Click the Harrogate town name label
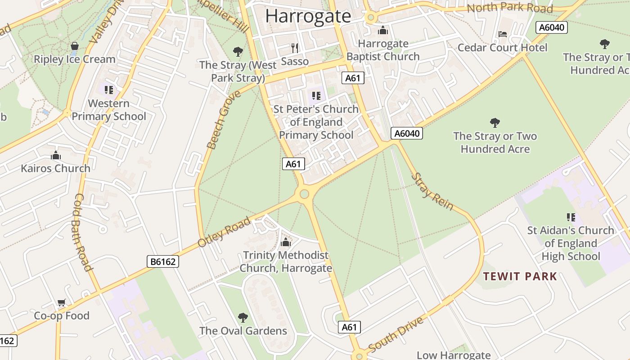click(x=308, y=16)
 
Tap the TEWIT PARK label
click(x=520, y=276)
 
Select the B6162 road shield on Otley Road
click(x=163, y=261)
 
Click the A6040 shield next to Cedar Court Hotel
click(x=552, y=27)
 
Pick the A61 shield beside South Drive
click(x=349, y=327)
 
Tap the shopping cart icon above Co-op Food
click(x=61, y=303)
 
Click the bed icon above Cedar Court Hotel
click(x=503, y=34)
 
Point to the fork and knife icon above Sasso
click(x=295, y=48)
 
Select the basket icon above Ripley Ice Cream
click(x=75, y=46)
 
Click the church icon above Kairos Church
click(x=56, y=156)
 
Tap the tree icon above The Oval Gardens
click(x=243, y=318)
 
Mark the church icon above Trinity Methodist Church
click(x=286, y=243)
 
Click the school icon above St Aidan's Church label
click(x=571, y=217)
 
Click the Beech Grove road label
click(x=218, y=120)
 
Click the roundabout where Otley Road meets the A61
click(x=304, y=194)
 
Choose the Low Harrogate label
click(x=453, y=355)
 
